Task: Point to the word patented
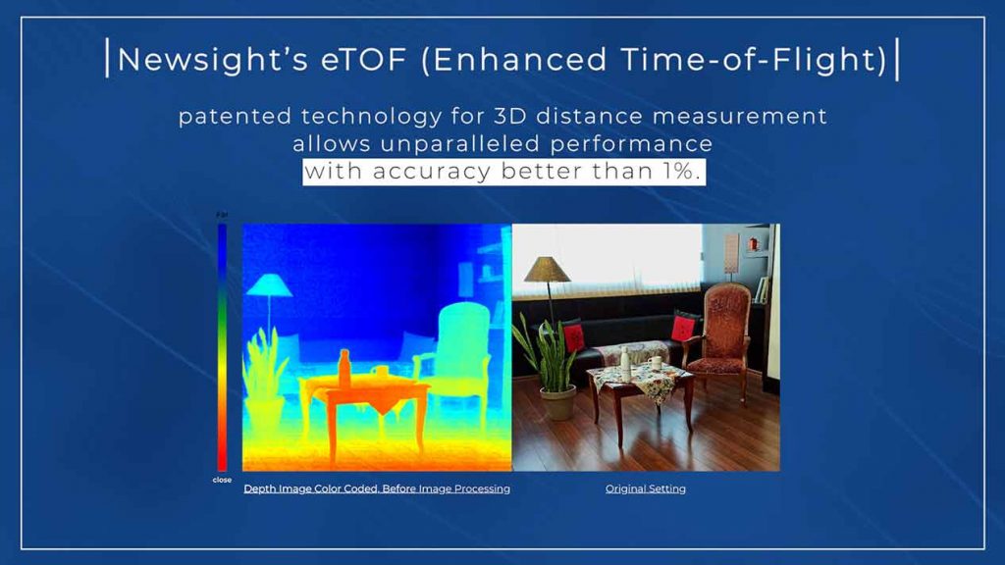(235, 117)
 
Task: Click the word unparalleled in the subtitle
(460, 143)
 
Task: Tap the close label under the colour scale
(222, 480)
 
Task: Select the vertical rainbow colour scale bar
(222, 347)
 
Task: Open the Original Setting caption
(646, 488)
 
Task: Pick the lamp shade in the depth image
(269, 285)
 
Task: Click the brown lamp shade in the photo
(547, 270)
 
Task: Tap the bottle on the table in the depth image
(344, 369)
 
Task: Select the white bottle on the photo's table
(625, 360)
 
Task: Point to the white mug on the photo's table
(655, 363)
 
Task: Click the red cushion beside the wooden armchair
(684, 328)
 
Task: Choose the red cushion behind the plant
(574, 335)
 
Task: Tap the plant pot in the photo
(557, 402)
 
